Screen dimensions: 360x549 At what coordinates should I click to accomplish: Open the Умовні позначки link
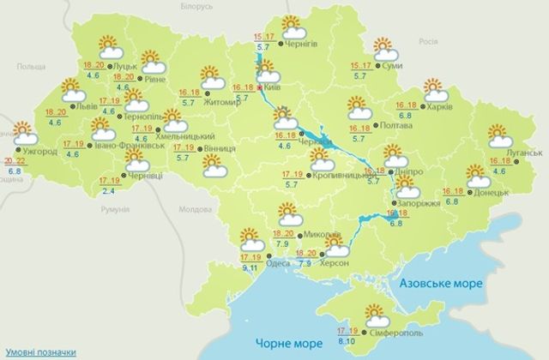click(x=38, y=351)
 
